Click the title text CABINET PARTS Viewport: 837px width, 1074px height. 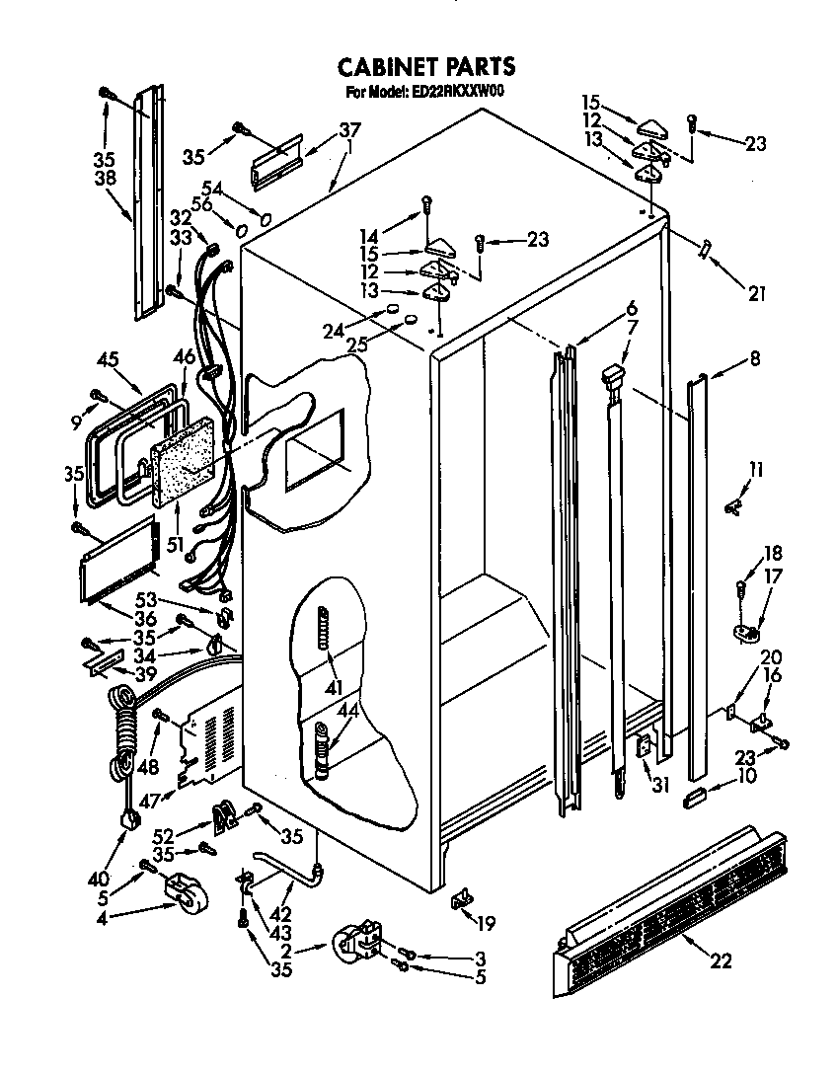[425, 66]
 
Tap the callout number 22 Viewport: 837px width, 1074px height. [722, 959]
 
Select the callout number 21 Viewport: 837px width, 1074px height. [757, 292]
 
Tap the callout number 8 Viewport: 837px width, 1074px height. [755, 360]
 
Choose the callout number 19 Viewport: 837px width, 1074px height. [484, 925]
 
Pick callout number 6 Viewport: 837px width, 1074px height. [631, 307]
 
